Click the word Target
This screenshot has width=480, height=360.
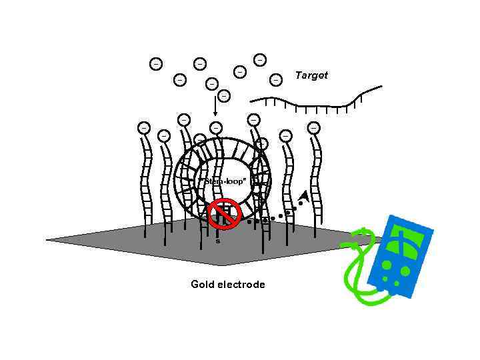click(x=311, y=75)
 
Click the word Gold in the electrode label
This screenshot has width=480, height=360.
click(x=203, y=285)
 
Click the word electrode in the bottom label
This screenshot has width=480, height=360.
click(x=240, y=285)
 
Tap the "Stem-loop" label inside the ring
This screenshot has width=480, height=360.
click(x=223, y=181)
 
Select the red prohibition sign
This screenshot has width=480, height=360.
click(x=224, y=213)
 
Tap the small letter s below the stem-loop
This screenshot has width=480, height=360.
click(x=217, y=241)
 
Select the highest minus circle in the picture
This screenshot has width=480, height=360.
click(x=259, y=60)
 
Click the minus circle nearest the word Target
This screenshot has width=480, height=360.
click(x=275, y=79)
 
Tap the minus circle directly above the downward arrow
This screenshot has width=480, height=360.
click(x=224, y=96)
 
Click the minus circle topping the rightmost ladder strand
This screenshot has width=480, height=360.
click(x=313, y=127)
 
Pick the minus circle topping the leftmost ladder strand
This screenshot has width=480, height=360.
click(x=143, y=127)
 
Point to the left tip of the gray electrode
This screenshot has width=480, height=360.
click(x=47, y=239)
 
